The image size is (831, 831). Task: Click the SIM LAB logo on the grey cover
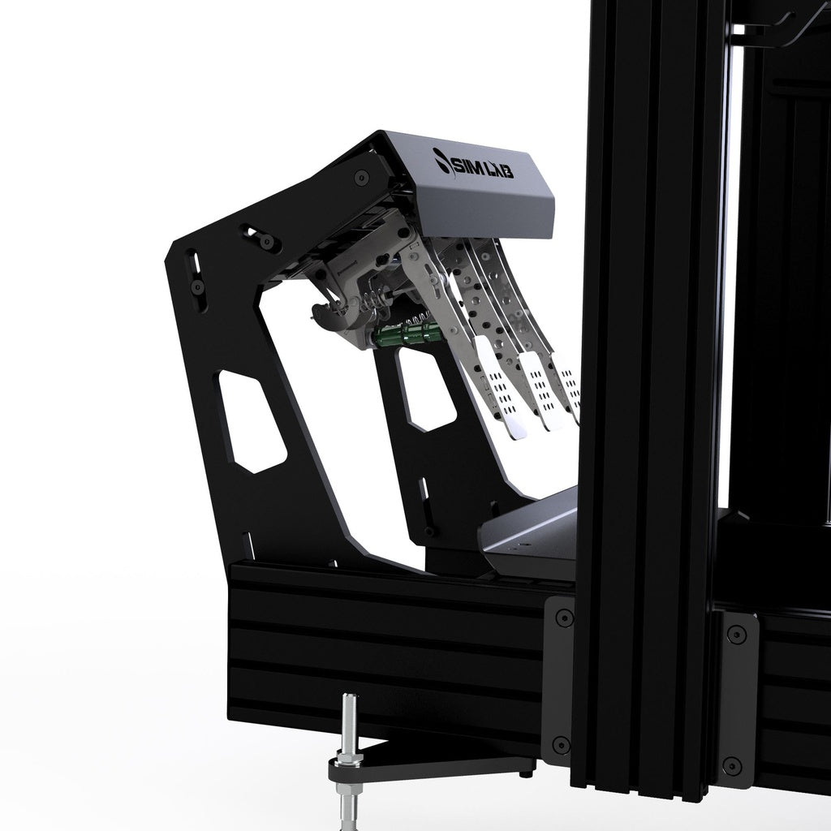click(x=473, y=165)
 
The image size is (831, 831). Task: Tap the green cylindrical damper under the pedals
click(x=407, y=334)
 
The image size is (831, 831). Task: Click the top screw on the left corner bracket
click(x=563, y=618)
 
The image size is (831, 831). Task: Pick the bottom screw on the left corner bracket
click(x=562, y=745)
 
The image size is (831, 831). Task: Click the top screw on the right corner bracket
click(x=736, y=633)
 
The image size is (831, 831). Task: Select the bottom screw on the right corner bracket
click(x=732, y=766)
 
